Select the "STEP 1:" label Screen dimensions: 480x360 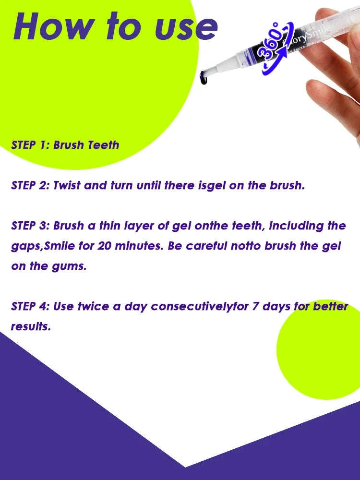(30, 145)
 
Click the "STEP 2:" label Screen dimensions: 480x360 (30, 185)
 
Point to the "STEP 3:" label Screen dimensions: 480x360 (30, 226)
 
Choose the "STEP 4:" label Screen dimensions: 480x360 (30, 306)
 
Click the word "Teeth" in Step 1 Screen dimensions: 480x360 (103, 145)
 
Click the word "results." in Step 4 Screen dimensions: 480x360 (30, 327)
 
